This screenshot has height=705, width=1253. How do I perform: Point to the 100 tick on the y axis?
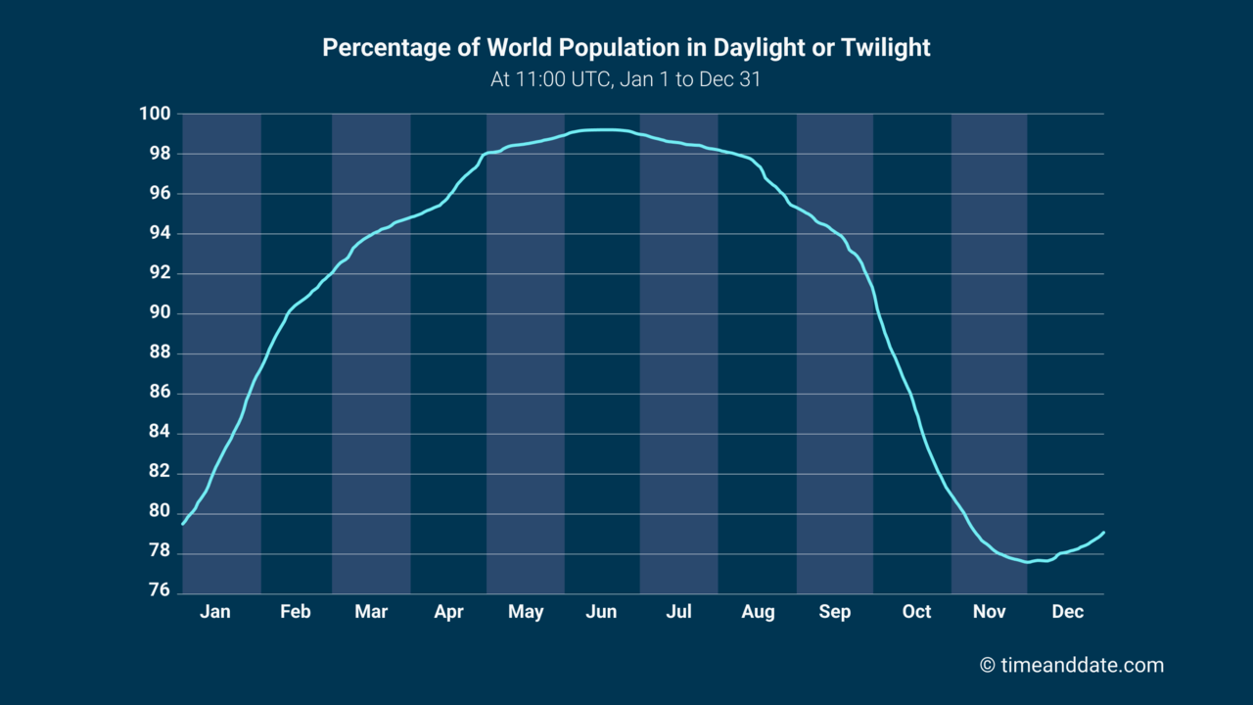[158, 115]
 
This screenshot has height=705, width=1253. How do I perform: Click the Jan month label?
[215, 612]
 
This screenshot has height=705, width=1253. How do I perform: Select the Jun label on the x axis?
[601, 612]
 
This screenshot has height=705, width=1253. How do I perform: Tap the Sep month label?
[835, 612]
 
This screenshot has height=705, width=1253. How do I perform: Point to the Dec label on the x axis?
[1067, 612]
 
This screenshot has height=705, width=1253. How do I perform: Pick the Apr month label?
[448, 612]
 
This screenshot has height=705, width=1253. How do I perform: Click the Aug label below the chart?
[758, 612]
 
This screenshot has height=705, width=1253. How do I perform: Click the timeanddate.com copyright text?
[1072, 666]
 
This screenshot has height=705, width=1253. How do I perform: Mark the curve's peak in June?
[607, 129]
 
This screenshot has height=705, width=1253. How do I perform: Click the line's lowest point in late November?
[1027, 562]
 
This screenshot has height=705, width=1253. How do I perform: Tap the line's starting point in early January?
[183, 524]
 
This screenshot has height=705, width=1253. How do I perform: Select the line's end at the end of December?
[1104, 533]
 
